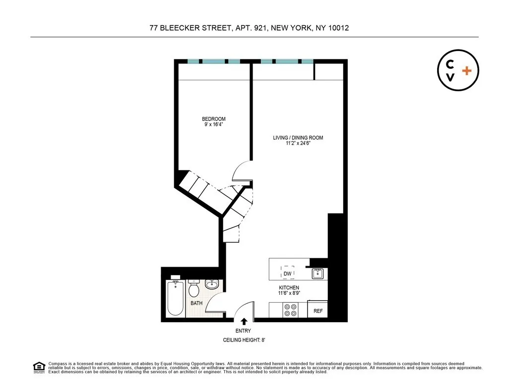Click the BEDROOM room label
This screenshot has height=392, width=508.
coord(213,119)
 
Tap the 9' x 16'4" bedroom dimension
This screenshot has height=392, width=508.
coord(213,125)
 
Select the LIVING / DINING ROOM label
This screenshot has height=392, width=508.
coord(298,138)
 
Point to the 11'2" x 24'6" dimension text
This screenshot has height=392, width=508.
coord(298,144)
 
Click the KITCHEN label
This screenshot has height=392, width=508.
coord(289,287)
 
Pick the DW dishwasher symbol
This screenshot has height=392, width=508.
coord(288,274)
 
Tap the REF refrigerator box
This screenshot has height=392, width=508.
coord(318,311)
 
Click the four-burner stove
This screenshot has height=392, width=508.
coord(290,310)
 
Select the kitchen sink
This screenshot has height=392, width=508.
coord(317,273)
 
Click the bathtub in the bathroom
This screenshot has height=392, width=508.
coord(176,298)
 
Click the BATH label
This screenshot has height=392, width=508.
coord(196,303)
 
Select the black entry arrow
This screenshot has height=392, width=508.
coord(243,322)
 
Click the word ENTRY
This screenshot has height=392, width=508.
coord(243,331)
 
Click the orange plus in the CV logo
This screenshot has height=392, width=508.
coord(466,71)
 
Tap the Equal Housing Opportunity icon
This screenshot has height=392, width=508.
coord(38,367)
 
